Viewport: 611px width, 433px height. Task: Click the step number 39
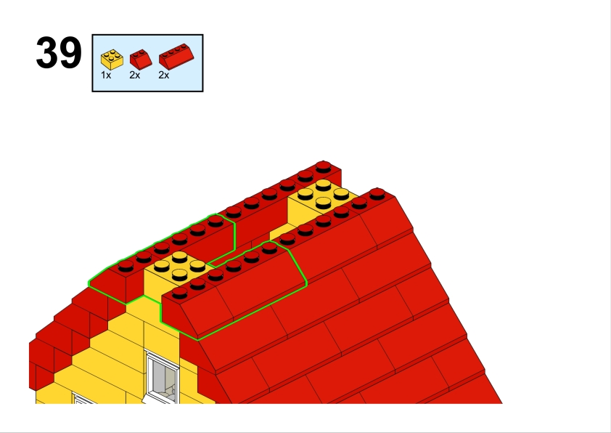[x=59, y=53]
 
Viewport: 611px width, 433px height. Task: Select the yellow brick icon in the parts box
[x=112, y=60]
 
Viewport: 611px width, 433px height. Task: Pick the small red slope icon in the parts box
[x=141, y=59]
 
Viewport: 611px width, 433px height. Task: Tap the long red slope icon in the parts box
[x=176, y=57]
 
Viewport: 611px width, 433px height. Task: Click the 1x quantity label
[x=106, y=76]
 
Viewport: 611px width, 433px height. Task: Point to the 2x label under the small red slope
[x=135, y=76]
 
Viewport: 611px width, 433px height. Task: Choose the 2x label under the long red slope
[x=164, y=76]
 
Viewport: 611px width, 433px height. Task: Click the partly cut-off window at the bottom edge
[x=83, y=399]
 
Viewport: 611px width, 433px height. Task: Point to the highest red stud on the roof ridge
[x=324, y=166]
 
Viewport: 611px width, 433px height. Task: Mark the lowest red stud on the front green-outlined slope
[x=179, y=293]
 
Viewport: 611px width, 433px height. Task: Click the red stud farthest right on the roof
[x=377, y=194]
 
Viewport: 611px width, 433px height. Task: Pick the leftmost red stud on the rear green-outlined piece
[x=126, y=266]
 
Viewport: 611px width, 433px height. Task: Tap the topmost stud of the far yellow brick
[x=324, y=185]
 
